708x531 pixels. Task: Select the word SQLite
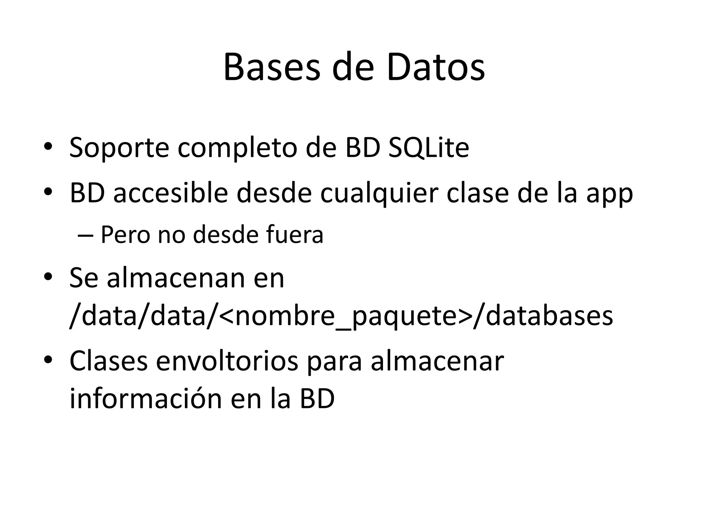coord(428,148)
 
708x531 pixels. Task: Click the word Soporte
coord(119,148)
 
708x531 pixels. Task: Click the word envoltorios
coord(227,361)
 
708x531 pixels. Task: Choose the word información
coord(146,399)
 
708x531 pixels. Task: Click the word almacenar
coord(437,361)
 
